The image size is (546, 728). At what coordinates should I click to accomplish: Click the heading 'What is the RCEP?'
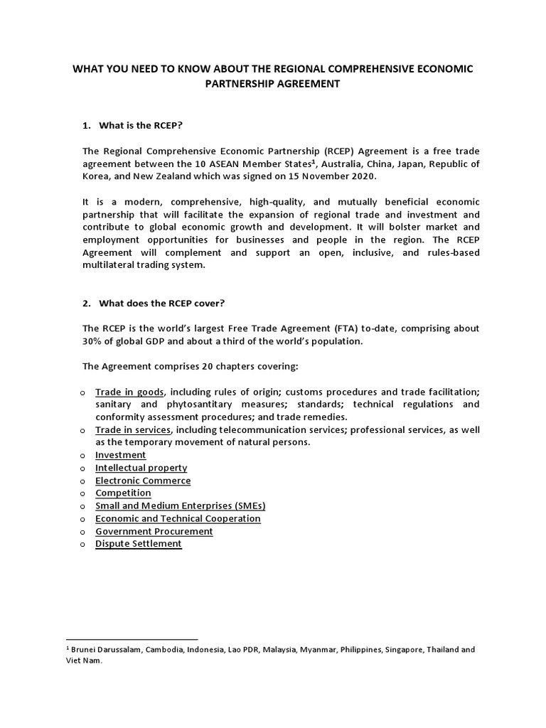(x=141, y=126)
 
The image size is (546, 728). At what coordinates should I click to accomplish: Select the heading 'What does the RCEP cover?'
(x=161, y=303)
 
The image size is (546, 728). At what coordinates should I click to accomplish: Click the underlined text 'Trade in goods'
(x=130, y=392)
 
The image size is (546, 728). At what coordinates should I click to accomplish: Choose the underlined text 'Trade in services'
(x=133, y=430)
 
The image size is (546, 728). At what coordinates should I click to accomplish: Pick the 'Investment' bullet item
(x=121, y=455)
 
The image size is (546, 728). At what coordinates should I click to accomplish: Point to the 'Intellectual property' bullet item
(x=141, y=468)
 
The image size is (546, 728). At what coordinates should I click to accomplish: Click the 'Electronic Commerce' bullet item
(x=143, y=481)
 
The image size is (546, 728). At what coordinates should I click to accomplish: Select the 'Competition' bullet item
(x=123, y=493)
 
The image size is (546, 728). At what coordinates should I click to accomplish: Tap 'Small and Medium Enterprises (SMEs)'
(x=180, y=505)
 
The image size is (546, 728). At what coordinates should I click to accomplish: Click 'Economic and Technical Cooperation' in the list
(x=178, y=518)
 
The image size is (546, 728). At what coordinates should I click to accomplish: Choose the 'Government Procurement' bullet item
(x=154, y=531)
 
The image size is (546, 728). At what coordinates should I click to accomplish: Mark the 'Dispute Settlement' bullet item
(x=139, y=544)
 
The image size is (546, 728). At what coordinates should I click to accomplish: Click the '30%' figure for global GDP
(x=93, y=341)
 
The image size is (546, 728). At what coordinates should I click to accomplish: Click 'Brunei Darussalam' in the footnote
(x=102, y=650)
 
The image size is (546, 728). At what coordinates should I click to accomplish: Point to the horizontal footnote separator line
(x=131, y=639)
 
